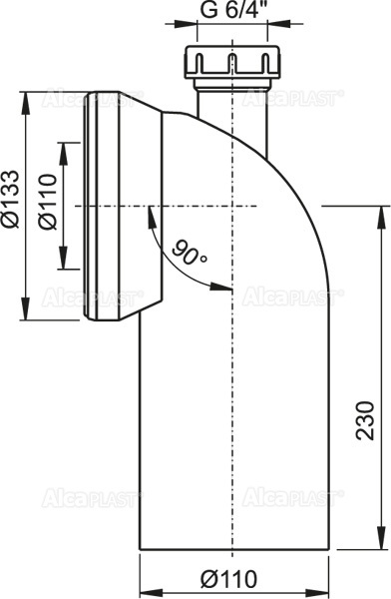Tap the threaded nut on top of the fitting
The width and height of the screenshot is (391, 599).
(231, 64)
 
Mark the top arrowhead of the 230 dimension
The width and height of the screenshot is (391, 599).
(379, 211)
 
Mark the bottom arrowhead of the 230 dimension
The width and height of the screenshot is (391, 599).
(379, 546)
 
